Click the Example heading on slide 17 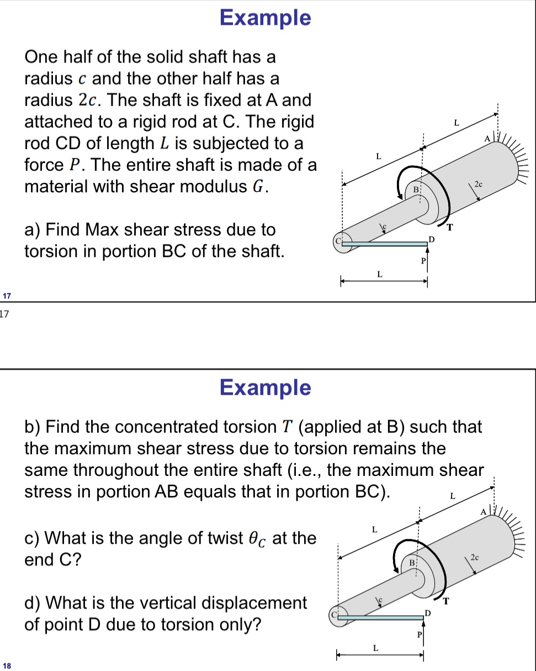click(x=265, y=17)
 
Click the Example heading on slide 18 click(x=265, y=387)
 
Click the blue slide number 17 click(x=6, y=296)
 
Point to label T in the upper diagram click(x=449, y=227)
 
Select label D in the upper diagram click(x=432, y=238)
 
